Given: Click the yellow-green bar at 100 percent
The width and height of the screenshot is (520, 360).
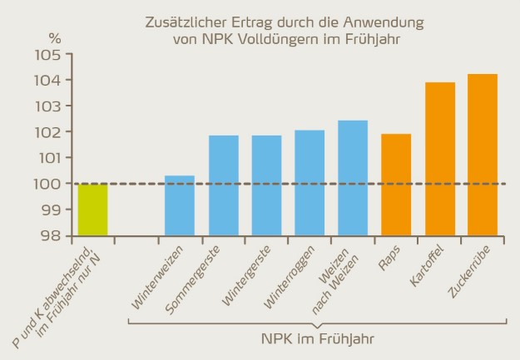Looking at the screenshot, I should [92, 210].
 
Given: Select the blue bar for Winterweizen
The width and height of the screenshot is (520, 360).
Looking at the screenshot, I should [180, 205].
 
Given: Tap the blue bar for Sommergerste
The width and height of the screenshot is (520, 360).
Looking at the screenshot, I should [223, 185].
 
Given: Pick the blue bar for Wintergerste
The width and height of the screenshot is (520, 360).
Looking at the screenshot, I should [266, 185].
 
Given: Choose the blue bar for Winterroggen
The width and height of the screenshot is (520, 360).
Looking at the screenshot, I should [310, 183].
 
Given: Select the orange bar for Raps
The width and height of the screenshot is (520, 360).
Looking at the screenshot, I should [396, 185].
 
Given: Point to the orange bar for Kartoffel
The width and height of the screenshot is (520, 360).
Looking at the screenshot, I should [439, 159].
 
